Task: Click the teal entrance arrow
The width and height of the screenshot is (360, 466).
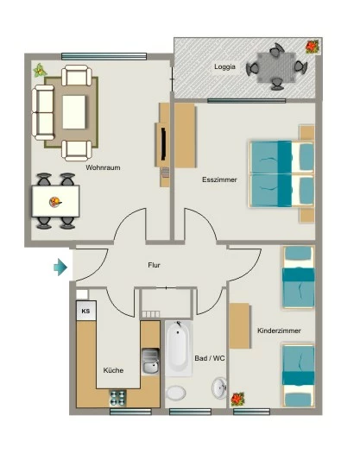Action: (60, 268)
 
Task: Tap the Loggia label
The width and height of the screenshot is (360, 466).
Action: (224, 66)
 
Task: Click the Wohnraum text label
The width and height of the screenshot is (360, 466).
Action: (103, 167)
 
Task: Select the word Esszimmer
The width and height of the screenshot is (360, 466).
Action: (219, 179)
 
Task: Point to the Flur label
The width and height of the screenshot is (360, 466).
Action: (154, 265)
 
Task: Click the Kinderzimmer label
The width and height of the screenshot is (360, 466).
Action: (279, 331)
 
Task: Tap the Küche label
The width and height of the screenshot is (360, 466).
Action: (113, 370)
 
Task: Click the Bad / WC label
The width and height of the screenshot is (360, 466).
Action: (210, 358)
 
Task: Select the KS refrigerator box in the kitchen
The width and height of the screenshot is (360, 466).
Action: (86, 311)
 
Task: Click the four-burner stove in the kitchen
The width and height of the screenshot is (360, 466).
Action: (118, 398)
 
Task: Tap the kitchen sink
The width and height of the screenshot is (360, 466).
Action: (150, 362)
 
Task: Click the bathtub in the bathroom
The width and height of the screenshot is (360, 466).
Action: (178, 349)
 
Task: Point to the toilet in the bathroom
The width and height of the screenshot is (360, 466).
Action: (176, 393)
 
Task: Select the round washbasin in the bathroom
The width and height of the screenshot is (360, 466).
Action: (219, 387)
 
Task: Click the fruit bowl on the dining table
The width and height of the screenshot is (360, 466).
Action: (55, 203)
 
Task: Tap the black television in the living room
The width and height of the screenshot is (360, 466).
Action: (163, 143)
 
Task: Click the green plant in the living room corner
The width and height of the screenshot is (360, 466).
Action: (40, 71)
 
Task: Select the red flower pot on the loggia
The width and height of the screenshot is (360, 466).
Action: (313, 47)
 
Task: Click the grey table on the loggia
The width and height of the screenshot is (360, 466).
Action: (276, 68)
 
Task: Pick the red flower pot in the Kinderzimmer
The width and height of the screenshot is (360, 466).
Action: (237, 399)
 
